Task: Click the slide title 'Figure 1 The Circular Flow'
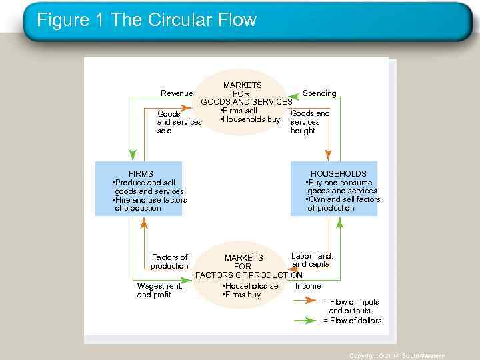coord(147,20)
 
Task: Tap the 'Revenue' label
coord(177,93)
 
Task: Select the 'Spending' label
coord(319,93)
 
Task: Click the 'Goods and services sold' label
coord(179,122)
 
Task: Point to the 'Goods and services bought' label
coord(309,122)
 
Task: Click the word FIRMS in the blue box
coord(141,174)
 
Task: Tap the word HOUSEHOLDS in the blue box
coord(338,174)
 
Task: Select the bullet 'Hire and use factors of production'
coord(151,204)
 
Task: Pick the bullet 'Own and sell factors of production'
coord(343,204)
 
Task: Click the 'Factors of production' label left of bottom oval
coord(169,261)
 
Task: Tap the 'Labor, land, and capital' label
coord(312,260)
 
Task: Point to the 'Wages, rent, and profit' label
coord(159,291)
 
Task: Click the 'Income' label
coord(308,286)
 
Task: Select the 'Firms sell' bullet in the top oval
coord(239,111)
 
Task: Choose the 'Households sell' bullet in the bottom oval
coord(253,286)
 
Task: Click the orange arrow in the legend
coord(305,301)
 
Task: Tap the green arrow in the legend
coord(305,321)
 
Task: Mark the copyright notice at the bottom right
coord(397,356)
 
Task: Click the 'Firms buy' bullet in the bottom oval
coord(242,295)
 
